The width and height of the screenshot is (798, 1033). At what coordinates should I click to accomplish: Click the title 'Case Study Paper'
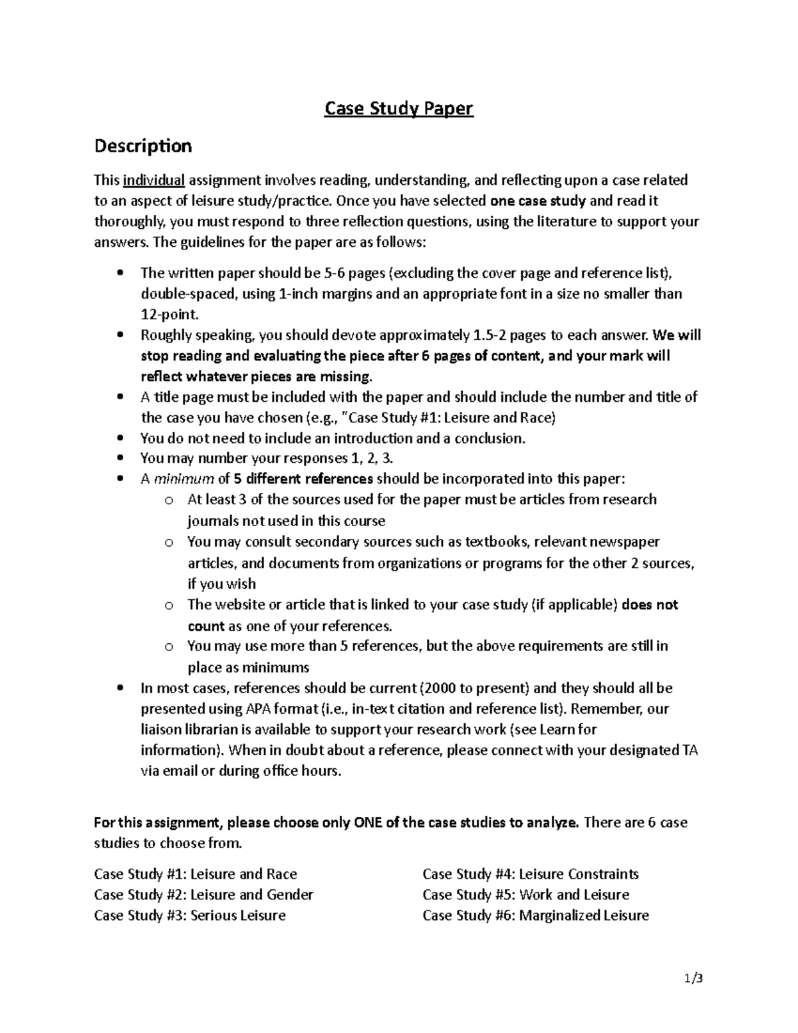pos(398,108)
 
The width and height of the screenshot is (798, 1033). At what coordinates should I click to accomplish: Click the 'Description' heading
pos(142,146)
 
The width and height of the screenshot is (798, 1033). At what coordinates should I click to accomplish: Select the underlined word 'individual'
pos(154,180)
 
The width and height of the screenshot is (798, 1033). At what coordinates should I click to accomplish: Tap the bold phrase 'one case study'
pos(537,201)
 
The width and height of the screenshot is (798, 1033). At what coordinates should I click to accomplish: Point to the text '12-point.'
pos(170,314)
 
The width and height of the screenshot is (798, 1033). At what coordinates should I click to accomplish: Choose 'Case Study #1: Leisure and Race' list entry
pos(196,874)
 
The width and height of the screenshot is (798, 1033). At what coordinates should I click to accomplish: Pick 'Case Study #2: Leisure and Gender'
pos(203,895)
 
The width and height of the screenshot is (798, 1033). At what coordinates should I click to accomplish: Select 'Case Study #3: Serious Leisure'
pos(190,915)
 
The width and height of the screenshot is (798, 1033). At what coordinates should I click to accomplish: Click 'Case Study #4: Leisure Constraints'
pos(530,874)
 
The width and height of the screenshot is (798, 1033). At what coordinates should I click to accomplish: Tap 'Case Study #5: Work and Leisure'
pos(525,895)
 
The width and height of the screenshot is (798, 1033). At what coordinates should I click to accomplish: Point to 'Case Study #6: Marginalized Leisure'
pos(535,915)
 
